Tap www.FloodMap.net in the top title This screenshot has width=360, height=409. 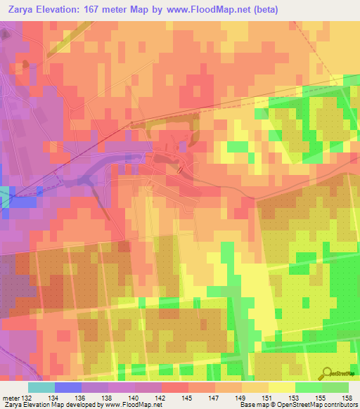tap(212, 10)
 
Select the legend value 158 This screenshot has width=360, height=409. tap(347, 397)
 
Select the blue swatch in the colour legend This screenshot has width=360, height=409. tap(67, 387)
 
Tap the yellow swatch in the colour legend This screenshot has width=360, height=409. tap(281, 387)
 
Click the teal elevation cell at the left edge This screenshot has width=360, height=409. tap(5, 196)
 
